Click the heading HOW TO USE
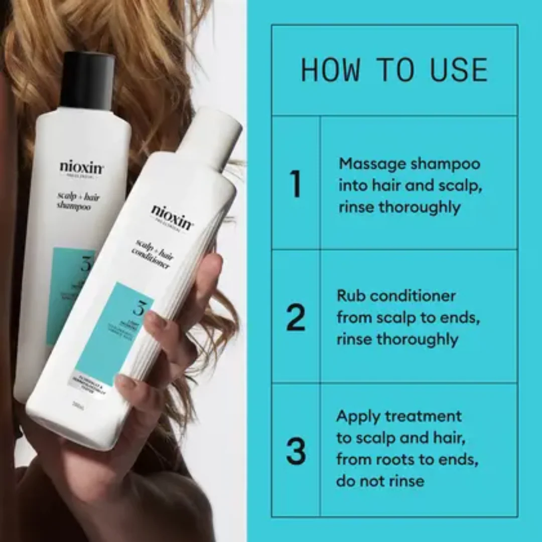(x=394, y=70)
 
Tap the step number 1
(x=296, y=184)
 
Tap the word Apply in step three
(x=357, y=417)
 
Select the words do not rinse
(x=380, y=481)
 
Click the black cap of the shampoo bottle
(x=87, y=81)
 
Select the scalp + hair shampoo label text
(x=80, y=201)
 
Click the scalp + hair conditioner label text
(x=154, y=254)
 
